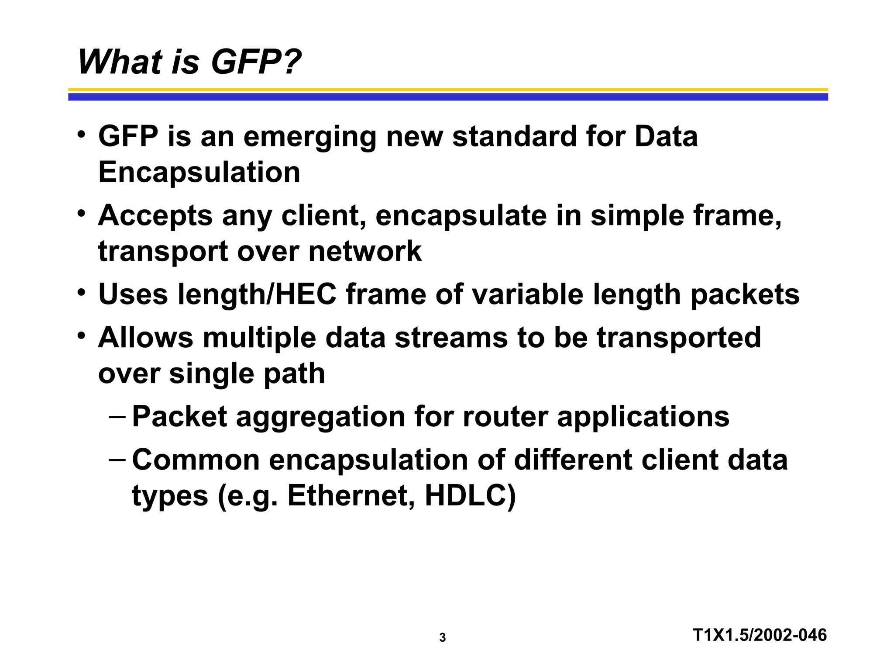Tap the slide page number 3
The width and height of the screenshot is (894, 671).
442,638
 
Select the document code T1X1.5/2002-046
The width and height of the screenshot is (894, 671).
760,635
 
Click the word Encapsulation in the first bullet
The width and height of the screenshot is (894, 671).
199,172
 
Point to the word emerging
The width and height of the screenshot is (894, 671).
309,137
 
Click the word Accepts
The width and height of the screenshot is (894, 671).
155,216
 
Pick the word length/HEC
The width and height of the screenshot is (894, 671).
258,294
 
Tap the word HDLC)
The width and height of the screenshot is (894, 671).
470,496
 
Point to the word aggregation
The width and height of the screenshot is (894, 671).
320,417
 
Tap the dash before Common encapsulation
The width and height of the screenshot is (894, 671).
117,460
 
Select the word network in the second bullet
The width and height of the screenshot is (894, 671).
365,251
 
